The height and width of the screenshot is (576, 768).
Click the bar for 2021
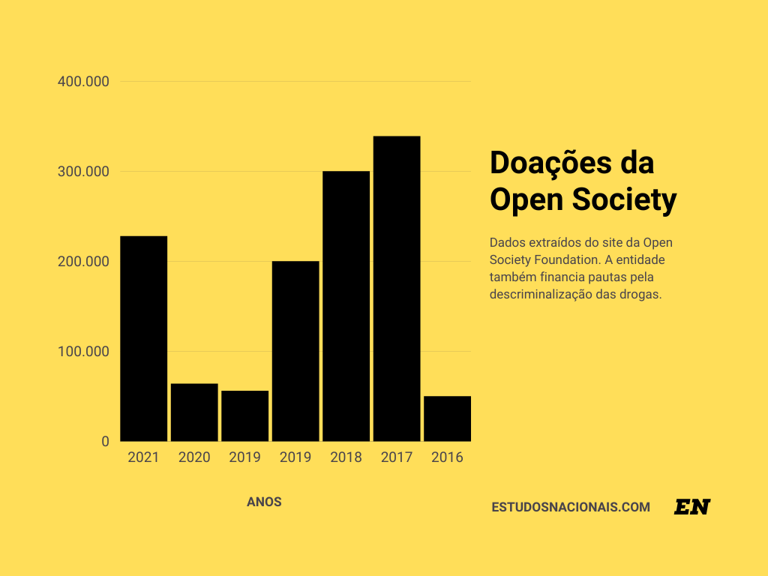click(x=143, y=338)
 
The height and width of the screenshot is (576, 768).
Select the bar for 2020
click(x=194, y=412)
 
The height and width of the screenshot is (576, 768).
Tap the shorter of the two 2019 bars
click(x=244, y=415)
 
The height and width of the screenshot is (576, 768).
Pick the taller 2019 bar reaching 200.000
click(x=295, y=351)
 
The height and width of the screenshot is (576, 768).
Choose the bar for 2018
click(x=346, y=306)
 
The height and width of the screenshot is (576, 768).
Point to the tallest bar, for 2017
click(x=397, y=289)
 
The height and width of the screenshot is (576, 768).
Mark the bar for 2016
click(x=447, y=418)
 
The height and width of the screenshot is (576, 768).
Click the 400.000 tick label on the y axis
click(x=83, y=81)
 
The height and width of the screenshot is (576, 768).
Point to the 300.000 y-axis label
click(x=83, y=172)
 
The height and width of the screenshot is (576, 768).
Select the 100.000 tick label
click(x=83, y=352)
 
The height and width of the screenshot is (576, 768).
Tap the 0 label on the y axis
click(x=105, y=442)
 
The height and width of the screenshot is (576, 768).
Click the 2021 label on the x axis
click(x=143, y=457)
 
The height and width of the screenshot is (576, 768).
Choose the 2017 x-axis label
click(x=397, y=457)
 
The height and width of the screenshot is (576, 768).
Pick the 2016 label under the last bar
click(x=447, y=457)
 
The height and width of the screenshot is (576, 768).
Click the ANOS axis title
click(x=264, y=502)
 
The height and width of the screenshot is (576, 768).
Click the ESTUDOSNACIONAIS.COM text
click(x=571, y=507)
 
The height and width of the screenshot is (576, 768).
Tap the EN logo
click(x=691, y=507)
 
